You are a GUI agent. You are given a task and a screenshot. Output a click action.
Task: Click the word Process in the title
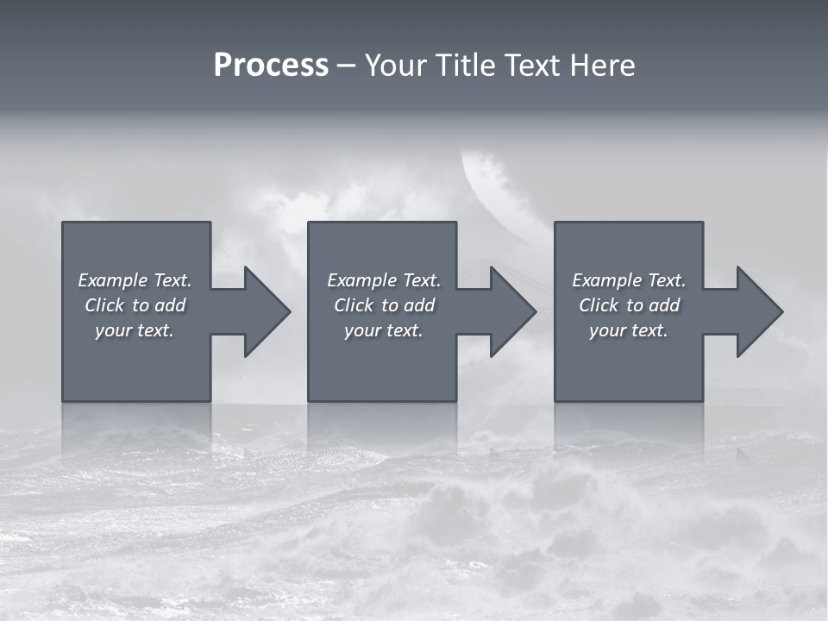pos(271,66)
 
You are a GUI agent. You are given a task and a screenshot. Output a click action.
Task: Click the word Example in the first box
pos(112,280)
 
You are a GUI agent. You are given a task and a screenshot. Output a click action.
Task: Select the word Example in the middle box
pos(361,280)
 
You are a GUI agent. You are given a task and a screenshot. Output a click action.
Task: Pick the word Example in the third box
pos(606,280)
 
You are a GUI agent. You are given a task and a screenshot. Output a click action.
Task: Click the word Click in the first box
pos(104,305)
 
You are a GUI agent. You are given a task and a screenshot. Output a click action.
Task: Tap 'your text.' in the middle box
pos(383,330)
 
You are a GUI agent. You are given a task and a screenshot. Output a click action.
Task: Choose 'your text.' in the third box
pos(628,330)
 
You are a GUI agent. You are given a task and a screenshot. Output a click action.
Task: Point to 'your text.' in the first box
pos(134,330)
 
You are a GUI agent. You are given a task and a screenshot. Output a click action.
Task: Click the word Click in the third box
pos(599,305)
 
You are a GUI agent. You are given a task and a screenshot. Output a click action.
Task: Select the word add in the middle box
pos(419,305)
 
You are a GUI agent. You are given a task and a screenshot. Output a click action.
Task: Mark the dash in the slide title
pos(346,66)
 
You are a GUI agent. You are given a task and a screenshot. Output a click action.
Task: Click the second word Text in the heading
pos(534,66)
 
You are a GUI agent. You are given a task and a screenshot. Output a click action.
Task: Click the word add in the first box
pos(170,305)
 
